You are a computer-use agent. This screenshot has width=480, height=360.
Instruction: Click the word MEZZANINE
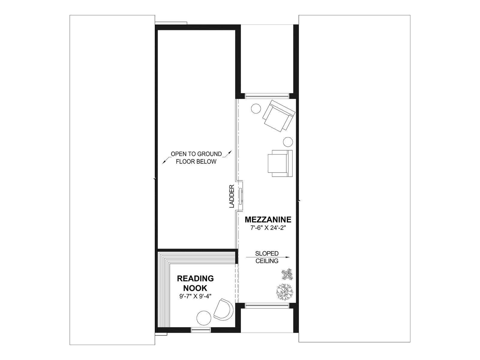pyautogui.click(x=268, y=220)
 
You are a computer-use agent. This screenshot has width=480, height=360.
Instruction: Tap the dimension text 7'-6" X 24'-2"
pyautogui.click(x=268, y=228)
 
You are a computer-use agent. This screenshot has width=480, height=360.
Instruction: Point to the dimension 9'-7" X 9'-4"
pyautogui.click(x=195, y=297)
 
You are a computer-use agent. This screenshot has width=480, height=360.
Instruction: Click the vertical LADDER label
pyautogui.click(x=232, y=196)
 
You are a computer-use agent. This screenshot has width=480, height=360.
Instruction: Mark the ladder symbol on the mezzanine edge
pyautogui.click(x=241, y=196)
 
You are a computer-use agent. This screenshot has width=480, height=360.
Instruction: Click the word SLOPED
pyautogui.click(x=267, y=253)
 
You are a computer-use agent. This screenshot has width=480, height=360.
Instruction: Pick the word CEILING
pyautogui.click(x=267, y=261)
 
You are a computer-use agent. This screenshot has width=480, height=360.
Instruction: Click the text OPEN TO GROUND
pyautogui.click(x=196, y=154)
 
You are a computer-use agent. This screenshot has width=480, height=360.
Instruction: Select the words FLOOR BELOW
pyautogui.click(x=196, y=161)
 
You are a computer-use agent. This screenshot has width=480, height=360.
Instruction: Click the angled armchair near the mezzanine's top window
pyautogui.click(x=279, y=115)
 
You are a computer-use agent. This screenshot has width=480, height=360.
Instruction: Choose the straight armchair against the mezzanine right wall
pyautogui.click(x=280, y=163)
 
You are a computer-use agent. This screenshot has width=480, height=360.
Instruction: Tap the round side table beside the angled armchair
pyautogui.click(x=256, y=108)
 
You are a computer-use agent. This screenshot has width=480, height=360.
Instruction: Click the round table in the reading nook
pyautogui.click(x=204, y=318)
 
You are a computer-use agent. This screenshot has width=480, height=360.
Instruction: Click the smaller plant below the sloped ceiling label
pyautogui.click(x=287, y=274)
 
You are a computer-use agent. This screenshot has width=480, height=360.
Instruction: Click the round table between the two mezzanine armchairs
pyautogui.click(x=288, y=142)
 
